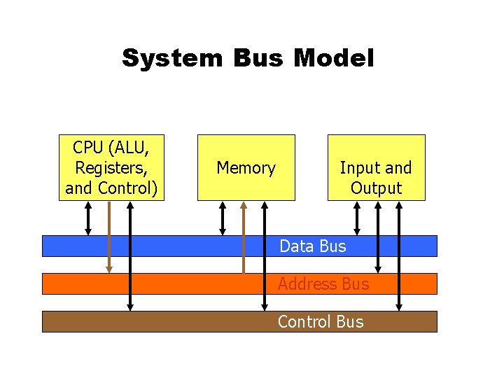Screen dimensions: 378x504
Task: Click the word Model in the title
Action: (x=334, y=57)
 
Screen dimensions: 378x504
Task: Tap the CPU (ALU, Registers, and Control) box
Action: (x=111, y=167)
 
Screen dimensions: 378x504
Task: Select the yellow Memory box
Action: (x=246, y=167)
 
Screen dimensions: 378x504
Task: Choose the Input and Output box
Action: (x=376, y=167)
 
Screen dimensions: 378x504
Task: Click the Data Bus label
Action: (x=312, y=246)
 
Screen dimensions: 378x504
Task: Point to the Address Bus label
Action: (x=323, y=283)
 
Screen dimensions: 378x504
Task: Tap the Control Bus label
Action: (x=321, y=321)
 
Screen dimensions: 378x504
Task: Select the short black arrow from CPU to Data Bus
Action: (x=88, y=218)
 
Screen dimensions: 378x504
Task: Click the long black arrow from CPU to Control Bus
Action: (x=130, y=255)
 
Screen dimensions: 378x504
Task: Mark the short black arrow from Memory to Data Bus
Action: (x=223, y=218)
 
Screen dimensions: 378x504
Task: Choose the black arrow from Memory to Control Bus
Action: (x=265, y=255)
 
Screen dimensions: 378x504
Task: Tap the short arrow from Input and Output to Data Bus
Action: (x=357, y=218)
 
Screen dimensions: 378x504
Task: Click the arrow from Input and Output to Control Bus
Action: (x=399, y=255)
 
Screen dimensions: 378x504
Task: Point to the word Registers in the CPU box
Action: (x=111, y=168)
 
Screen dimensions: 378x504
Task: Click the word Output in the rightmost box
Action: (x=376, y=188)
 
